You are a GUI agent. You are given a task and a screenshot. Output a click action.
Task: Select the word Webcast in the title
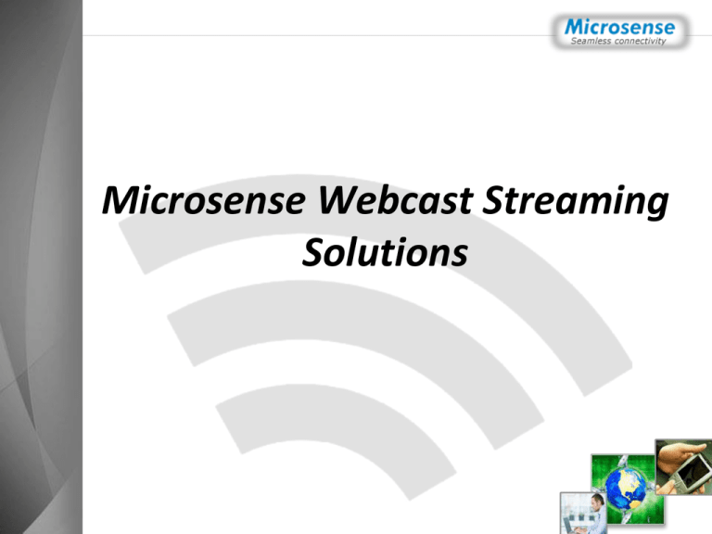point(395,200)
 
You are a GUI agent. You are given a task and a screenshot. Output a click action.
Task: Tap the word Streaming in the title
point(575,202)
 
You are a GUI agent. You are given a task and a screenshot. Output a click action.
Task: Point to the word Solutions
point(385,252)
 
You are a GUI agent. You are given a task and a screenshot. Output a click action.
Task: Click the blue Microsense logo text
point(620,27)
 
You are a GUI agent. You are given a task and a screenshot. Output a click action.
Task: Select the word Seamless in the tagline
point(591,41)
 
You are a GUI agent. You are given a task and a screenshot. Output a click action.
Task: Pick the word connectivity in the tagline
point(640,42)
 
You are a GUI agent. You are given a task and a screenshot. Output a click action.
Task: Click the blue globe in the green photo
point(626,489)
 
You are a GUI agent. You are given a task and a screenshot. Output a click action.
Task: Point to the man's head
point(599,500)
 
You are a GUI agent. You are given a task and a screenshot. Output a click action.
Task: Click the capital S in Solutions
point(314,252)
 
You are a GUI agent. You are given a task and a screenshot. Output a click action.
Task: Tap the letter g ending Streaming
point(656,206)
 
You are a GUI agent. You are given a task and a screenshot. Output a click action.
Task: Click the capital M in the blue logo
point(576,27)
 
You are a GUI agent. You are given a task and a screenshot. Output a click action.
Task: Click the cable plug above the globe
point(623,462)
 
